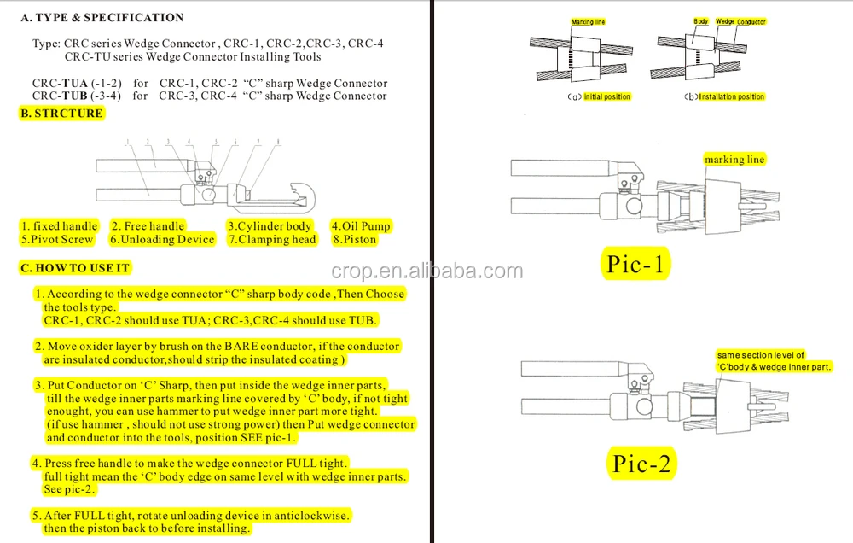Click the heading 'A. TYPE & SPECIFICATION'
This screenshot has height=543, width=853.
click(x=102, y=17)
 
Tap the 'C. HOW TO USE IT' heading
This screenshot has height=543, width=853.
click(x=75, y=268)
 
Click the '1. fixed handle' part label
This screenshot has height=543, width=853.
click(x=60, y=226)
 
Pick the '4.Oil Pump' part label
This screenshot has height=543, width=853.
click(x=361, y=226)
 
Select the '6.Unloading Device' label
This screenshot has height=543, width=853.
click(x=162, y=240)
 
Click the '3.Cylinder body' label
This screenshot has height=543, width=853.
click(x=270, y=226)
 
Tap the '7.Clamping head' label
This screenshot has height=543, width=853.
click(x=271, y=240)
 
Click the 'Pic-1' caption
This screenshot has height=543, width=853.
click(x=635, y=264)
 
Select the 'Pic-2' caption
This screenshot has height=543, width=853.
click(x=642, y=464)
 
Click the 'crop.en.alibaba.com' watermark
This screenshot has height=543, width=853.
click(x=426, y=271)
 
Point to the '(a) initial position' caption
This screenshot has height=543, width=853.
click(x=599, y=96)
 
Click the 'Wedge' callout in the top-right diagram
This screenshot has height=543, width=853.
click(x=724, y=21)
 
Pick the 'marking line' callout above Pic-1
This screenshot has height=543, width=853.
click(x=734, y=160)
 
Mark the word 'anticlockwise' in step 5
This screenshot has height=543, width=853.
click(x=309, y=516)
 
